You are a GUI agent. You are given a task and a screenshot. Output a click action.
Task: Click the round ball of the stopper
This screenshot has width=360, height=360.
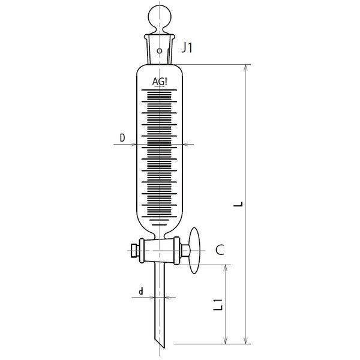160,17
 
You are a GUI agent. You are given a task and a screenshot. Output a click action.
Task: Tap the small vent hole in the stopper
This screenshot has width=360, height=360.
160,51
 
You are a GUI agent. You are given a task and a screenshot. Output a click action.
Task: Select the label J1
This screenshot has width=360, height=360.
187,48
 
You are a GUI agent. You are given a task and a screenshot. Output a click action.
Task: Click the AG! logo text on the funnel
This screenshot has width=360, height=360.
160,82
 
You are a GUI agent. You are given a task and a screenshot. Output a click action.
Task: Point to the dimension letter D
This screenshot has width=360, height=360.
122,138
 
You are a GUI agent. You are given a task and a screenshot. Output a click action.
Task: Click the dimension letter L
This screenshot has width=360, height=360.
238,204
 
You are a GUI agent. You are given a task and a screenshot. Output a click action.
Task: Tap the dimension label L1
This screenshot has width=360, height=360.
218,304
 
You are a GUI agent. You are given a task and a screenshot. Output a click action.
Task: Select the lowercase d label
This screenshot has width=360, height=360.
141,291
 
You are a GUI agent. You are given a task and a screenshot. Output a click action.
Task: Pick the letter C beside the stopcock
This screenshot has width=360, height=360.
220,250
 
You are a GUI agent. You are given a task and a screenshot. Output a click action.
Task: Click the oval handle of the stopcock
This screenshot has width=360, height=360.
194,250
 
